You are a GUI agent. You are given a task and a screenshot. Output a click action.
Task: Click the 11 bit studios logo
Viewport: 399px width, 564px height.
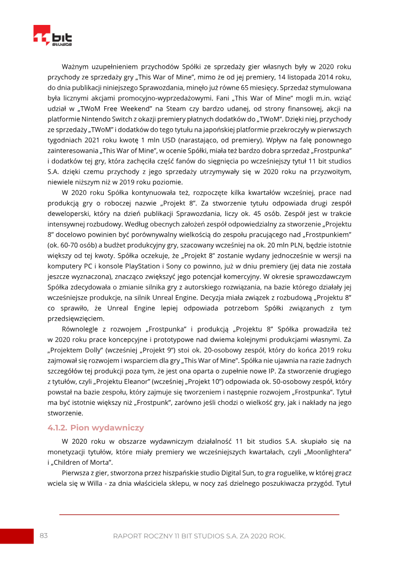click(52, 36)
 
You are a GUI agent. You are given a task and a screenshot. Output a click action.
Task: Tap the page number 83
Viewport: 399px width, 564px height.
click(44, 536)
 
